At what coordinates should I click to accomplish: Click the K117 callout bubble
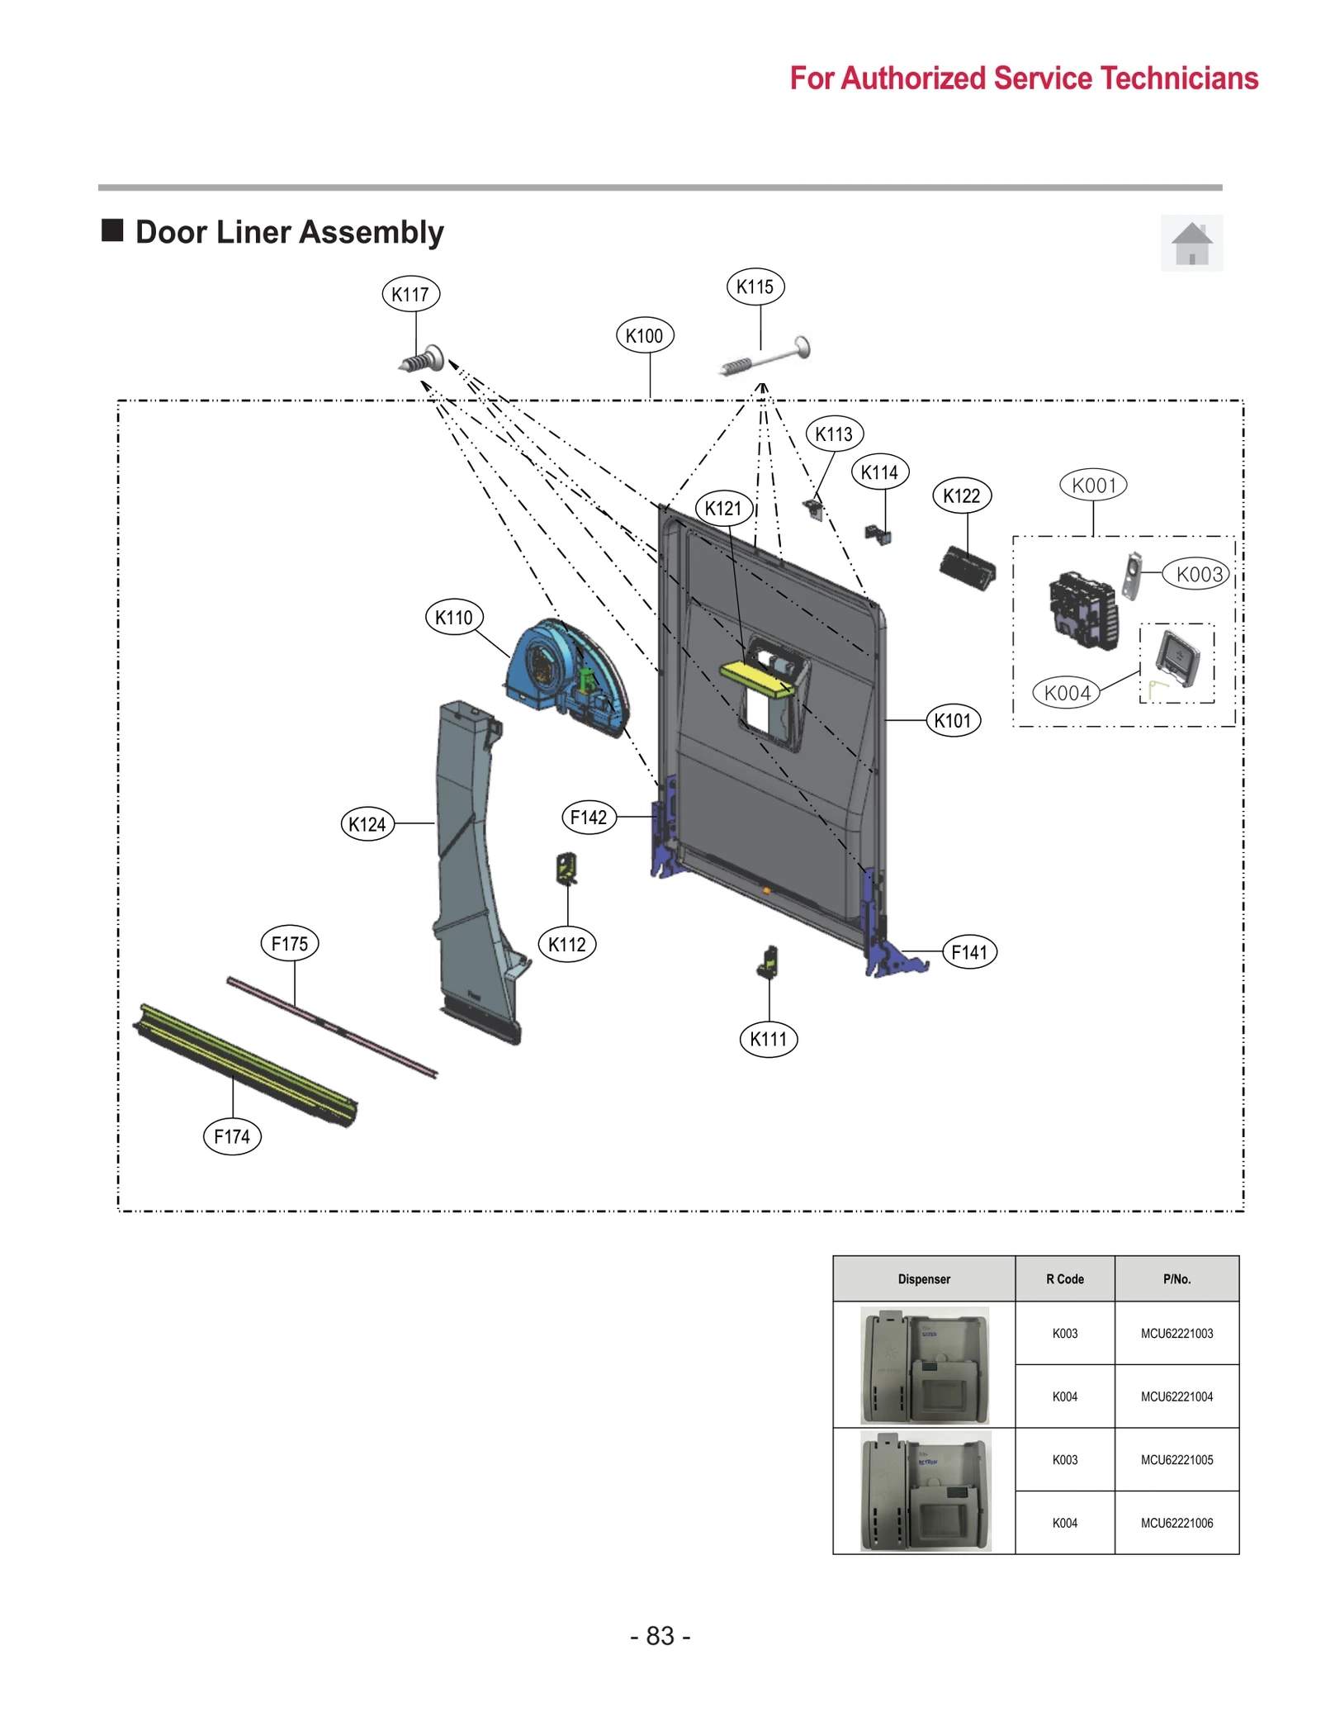(410, 294)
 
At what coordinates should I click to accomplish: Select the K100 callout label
(644, 336)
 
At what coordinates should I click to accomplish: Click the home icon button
(1191, 244)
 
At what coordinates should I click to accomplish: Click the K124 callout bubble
(367, 824)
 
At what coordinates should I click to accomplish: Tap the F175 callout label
(290, 943)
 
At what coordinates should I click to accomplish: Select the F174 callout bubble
(232, 1136)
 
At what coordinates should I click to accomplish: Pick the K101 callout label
(953, 721)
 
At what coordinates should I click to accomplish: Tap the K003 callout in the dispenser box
(1199, 574)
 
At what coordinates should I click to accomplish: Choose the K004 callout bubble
(1067, 693)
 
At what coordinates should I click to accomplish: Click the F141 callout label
(969, 952)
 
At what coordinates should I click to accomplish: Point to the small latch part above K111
(769, 962)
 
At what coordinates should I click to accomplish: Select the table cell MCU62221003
(1177, 1333)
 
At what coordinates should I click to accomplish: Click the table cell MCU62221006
(1177, 1523)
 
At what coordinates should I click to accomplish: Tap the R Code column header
(1064, 1279)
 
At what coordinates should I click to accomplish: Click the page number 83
(660, 1636)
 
